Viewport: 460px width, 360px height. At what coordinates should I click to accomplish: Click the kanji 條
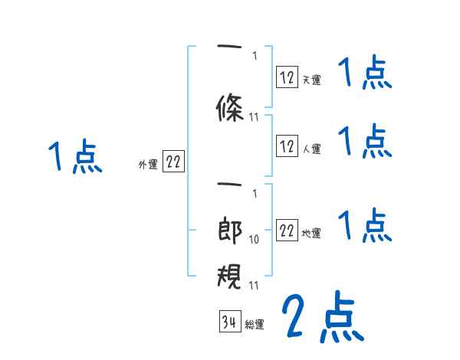pyautogui.click(x=231, y=109)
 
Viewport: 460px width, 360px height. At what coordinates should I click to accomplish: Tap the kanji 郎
pyautogui.click(x=231, y=231)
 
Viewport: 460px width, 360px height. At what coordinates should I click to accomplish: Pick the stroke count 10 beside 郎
pyautogui.click(x=255, y=240)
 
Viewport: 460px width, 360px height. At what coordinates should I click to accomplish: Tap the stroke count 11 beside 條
pyautogui.click(x=255, y=117)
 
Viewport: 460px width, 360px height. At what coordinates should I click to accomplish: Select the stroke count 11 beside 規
pyautogui.click(x=255, y=286)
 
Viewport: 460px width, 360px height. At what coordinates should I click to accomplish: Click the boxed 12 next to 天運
pyautogui.click(x=287, y=77)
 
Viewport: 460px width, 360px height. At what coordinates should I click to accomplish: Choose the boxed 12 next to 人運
pyautogui.click(x=287, y=147)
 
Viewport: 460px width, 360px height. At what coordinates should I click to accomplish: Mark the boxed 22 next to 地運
pyautogui.click(x=287, y=231)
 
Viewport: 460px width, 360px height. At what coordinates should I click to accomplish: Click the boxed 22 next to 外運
pyautogui.click(x=173, y=163)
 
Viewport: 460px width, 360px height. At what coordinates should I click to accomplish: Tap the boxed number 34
pyautogui.click(x=229, y=322)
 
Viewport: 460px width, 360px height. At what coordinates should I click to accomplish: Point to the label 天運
pyautogui.click(x=311, y=79)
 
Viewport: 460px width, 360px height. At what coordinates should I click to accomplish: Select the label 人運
pyautogui.click(x=311, y=149)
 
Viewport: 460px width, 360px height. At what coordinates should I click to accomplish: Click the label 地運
pyautogui.click(x=311, y=233)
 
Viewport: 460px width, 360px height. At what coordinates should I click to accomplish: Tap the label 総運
pyautogui.click(x=255, y=324)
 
